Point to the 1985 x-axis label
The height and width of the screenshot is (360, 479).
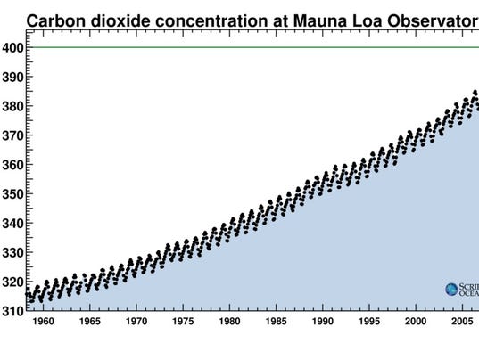click(276, 322)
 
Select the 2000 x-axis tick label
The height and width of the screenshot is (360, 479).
click(415, 322)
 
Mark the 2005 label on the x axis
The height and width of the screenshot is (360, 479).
click(461, 322)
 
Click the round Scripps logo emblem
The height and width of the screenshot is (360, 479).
click(452, 289)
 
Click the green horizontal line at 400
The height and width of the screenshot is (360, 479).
click(250, 47)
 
